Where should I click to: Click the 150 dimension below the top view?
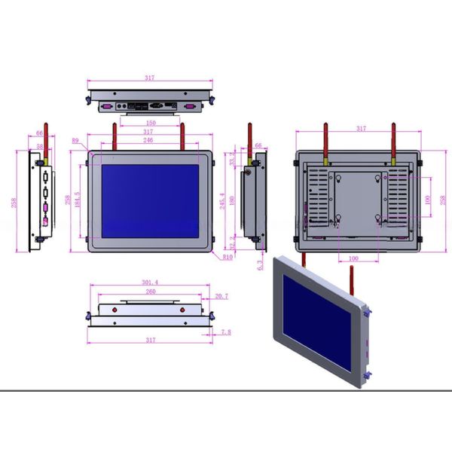(x=151, y=123)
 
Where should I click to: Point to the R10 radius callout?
(x=227, y=257)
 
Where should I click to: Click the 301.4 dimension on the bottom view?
(x=150, y=283)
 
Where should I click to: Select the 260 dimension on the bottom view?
(x=150, y=292)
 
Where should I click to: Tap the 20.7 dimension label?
(x=221, y=296)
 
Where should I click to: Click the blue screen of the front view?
(x=150, y=201)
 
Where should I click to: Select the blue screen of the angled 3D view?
(x=316, y=322)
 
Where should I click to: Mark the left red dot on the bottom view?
(x=115, y=310)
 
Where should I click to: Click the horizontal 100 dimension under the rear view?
(x=353, y=258)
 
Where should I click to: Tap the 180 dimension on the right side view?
(x=233, y=200)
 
